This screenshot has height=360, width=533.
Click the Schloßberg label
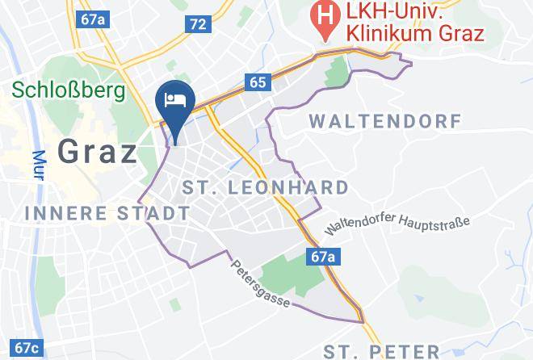tap(68, 89)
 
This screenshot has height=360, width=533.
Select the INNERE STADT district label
tap(108, 213)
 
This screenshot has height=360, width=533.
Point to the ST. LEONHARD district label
tap(266, 188)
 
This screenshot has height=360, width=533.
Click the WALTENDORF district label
tap(385, 122)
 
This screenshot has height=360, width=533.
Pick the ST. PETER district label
tap(380, 351)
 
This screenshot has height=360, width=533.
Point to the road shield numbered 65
tap(258, 82)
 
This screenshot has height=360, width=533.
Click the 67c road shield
tap(26, 348)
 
